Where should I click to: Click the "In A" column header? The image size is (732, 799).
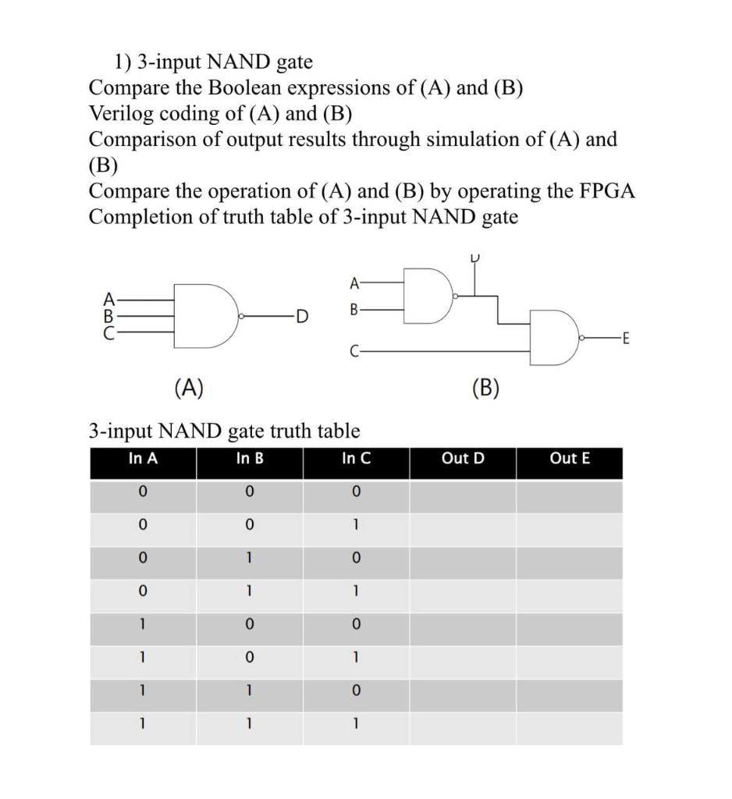[x=143, y=459]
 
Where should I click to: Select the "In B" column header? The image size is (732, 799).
[x=250, y=459]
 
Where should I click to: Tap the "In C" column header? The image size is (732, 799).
[x=356, y=459]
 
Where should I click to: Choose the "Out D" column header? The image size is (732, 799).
[x=463, y=459]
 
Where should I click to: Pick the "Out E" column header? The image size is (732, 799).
[x=570, y=459]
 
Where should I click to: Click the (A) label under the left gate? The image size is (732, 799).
[x=189, y=387]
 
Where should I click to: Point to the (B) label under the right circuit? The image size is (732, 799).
[x=485, y=387]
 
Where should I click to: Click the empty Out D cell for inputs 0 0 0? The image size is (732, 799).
[x=463, y=492]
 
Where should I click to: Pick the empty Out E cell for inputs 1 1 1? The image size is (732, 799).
[x=570, y=724]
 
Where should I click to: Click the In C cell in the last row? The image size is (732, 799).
[x=356, y=724]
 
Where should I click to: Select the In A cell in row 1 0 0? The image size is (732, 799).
[x=143, y=625]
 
